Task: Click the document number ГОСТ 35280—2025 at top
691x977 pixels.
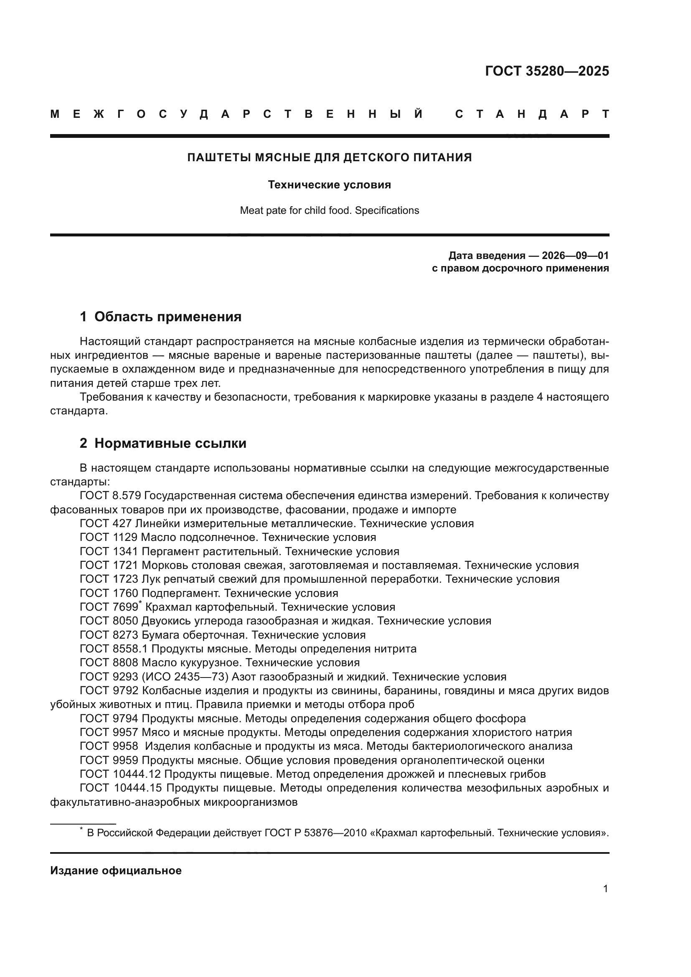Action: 547,71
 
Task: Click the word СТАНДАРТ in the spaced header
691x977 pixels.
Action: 532,114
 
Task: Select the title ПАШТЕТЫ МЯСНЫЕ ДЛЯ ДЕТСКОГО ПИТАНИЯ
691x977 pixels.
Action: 329,157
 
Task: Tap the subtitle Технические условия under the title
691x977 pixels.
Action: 329,185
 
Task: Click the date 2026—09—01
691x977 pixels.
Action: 575,255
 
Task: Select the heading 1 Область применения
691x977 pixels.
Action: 160,317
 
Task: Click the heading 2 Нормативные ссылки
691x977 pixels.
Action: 163,444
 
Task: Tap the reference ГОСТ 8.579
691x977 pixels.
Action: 110,496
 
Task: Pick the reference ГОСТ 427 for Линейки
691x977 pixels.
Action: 106,523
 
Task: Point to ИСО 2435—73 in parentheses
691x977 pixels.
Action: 191,677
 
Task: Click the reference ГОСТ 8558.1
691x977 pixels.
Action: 114,649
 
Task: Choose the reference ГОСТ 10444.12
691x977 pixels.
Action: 120,774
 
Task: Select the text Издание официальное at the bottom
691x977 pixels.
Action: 116,870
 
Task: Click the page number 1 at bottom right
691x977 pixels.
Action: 605,889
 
